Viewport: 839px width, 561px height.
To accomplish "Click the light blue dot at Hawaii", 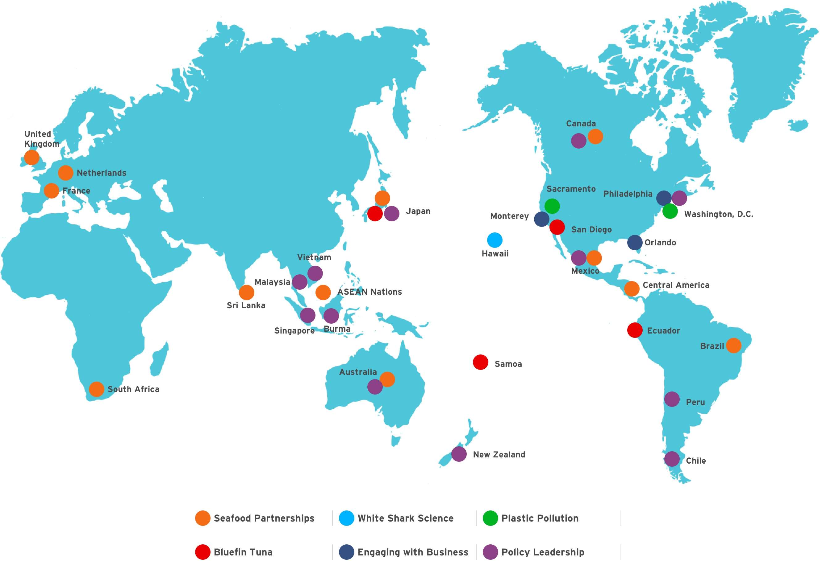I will pyautogui.click(x=495, y=240).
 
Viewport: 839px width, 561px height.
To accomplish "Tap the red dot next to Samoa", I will pyautogui.click(x=480, y=362).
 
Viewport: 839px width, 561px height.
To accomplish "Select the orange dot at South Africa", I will pyautogui.click(x=96, y=389).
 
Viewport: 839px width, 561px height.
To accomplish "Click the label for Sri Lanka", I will pyautogui.click(x=246, y=305).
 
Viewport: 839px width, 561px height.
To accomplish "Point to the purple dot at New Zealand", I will pyautogui.click(x=459, y=454).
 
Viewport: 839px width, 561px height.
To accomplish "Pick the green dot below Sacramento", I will pyautogui.click(x=552, y=206).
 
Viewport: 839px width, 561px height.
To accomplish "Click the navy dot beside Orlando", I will pyautogui.click(x=635, y=243).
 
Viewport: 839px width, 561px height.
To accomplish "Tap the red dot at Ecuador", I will pyautogui.click(x=635, y=330).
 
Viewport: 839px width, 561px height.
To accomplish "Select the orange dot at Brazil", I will pyautogui.click(x=734, y=345).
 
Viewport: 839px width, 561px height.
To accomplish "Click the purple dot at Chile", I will pyautogui.click(x=672, y=459).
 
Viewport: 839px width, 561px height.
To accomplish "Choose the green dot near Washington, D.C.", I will pyautogui.click(x=670, y=211).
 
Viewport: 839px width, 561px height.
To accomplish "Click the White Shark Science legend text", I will pyautogui.click(x=406, y=518).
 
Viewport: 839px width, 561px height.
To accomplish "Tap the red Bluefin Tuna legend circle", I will pyautogui.click(x=203, y=552).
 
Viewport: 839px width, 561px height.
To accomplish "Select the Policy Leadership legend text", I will pyautogui.click(x=543, y=552).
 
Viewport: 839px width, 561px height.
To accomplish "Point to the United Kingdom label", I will pyautogui.click(x=42, y=139).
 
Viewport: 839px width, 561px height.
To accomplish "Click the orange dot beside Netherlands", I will pyautogui.click(x=65, y=173).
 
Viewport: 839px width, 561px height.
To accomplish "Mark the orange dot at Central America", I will pyautogui.click(x=632, y=289).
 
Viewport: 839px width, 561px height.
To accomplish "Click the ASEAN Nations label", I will pyautogui.click(x=370, y=292).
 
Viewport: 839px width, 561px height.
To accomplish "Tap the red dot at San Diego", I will pyautogui.click(x=557, y=227).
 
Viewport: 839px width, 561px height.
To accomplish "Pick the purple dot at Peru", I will pyautogui.click(x=672, y=399).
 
